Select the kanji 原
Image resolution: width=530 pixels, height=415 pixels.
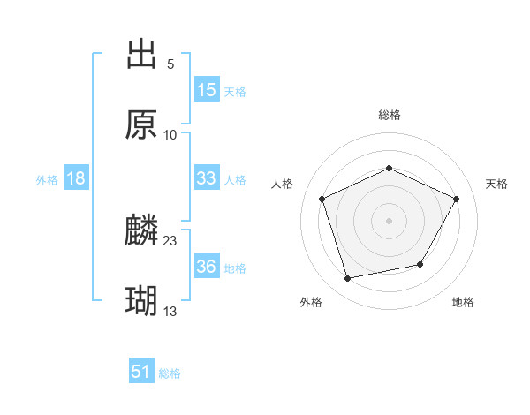click(x=141, y=124)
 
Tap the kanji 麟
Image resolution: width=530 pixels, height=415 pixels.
click(x=141, y=230)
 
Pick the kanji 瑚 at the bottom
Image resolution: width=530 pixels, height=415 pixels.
click(x=141, y=301)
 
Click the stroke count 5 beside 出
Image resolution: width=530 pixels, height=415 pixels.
click(x=170, y=64)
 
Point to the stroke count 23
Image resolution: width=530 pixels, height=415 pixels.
click(x=170, y=240)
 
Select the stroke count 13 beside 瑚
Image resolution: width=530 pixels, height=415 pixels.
click(x=170, y=311)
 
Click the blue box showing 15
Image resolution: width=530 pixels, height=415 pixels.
click(x=207, y=90)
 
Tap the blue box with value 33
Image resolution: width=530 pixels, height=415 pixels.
click(x=207, y=178)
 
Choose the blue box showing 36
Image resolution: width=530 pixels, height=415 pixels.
click(x=207, y=267)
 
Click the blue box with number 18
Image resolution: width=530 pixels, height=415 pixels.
click(x=76, y=178)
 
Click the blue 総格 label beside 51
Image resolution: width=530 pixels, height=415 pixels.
click(x=170, y=373)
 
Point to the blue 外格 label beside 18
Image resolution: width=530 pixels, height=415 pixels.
click(x=47, y=180)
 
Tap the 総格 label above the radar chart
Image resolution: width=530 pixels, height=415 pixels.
click(x=390, y=115)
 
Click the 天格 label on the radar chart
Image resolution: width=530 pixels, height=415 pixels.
click(x=496, y=184)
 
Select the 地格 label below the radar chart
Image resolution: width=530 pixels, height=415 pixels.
click(x=463, y=303)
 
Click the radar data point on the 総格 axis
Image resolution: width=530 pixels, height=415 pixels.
click(x=390, y=168)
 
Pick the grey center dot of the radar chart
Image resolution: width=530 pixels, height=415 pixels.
click(x=390, y=220)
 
